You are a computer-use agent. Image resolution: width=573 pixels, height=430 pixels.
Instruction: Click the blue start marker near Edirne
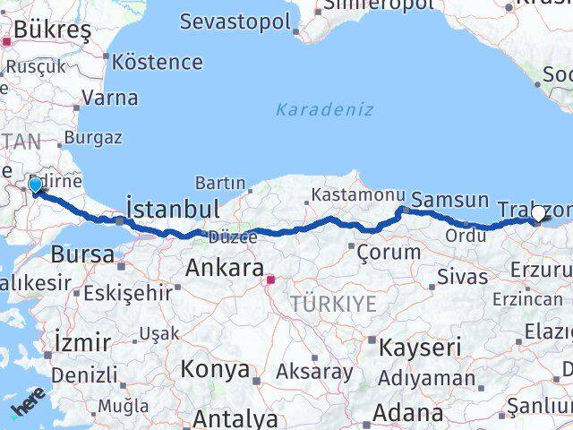(35, 185)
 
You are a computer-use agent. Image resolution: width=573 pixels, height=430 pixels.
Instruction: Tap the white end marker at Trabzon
(538, 213)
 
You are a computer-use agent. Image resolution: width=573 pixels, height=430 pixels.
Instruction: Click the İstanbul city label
(173, 209)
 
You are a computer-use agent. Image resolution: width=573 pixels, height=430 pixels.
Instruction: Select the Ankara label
(224, 268)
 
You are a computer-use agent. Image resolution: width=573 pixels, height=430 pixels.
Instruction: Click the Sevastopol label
(235, 21)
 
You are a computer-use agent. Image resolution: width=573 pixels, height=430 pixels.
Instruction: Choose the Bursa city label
(82, 254)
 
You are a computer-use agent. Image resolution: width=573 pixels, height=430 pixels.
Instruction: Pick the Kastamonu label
(353, 195)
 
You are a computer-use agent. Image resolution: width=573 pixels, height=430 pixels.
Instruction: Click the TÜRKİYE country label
(332, 305)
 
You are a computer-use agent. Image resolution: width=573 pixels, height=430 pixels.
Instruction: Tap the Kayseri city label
(420, 347)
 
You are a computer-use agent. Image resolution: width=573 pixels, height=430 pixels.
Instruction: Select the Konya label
(215, 368)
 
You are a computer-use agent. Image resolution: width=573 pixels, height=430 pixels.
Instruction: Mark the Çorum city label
(388, 252)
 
